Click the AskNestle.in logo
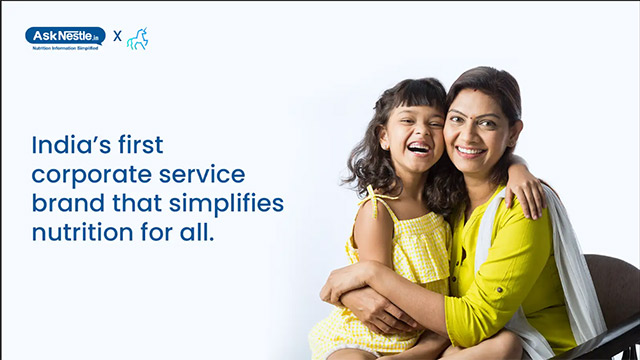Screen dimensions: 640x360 [65, 38]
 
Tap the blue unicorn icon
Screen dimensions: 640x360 [137, 39]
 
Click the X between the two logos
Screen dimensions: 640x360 [117, 36]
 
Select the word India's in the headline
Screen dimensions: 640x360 [71, 144]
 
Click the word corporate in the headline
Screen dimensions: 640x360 [92, 176]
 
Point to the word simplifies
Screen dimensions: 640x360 [227, 204]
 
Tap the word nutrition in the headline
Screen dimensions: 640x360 [82, 233]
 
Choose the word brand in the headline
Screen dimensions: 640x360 [68, 203]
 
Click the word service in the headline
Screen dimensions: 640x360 [202, 174]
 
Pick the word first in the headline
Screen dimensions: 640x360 [141, 144]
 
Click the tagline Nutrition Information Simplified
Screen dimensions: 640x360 [65, 48]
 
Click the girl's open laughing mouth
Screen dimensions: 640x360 [419, 148]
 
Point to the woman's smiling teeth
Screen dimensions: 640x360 [470, 151]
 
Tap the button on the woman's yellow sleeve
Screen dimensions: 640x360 [499, 289]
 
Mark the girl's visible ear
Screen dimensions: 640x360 [384, 137]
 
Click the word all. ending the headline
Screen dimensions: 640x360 [197, 233]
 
